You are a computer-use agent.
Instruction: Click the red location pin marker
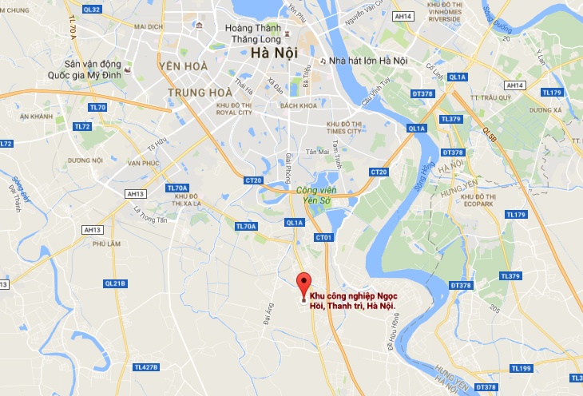(303, 284)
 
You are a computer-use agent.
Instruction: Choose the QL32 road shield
(92, 10)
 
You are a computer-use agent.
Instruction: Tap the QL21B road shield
(115, 283)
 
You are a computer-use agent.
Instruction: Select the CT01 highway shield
(323, 237)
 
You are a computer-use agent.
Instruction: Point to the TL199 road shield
(521, 368)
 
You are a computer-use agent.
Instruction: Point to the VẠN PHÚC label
(144, 163)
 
